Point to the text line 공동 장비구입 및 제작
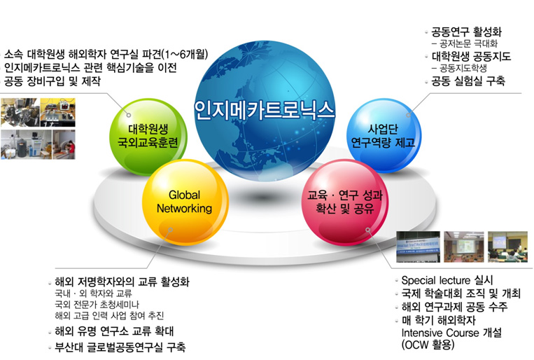pos(52,81)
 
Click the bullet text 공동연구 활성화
pos(466,32)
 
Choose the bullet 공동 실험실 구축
pos(468,82)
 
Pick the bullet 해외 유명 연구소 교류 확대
pos(113,331)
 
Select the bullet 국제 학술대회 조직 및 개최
pos(461,293)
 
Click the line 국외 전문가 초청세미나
pos(97,305)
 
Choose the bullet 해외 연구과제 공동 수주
pos(454,307)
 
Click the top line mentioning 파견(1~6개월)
pos(106,54)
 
